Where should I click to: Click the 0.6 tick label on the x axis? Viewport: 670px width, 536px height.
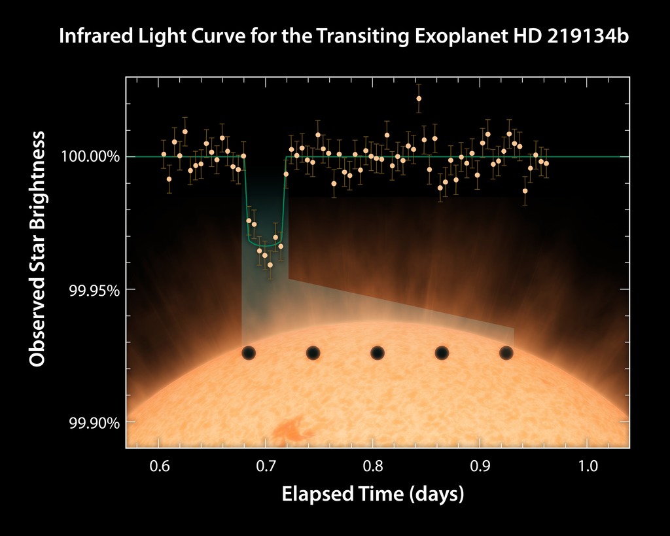[x=159, y=466]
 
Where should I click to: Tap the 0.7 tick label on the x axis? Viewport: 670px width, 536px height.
[x=266, y=466]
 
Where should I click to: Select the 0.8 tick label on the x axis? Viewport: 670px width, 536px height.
[x=372, y=466]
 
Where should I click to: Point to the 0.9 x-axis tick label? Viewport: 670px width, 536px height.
[x=480, y=466]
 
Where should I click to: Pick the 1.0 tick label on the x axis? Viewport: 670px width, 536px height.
[x=587, y=466]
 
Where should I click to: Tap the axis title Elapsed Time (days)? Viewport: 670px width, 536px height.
[x=372, y=494]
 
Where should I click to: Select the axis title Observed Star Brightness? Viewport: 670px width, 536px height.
[x=37, y=249]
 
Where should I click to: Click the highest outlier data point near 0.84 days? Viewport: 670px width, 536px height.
[x=419, y=99]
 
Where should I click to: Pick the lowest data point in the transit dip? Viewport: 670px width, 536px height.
[x=270, y=264]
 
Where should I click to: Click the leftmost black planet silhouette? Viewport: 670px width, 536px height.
[x=249, y=353]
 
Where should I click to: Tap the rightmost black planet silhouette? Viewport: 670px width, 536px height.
[x=506, y=353]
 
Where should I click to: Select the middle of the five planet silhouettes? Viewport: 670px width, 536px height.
[x=377, y=353]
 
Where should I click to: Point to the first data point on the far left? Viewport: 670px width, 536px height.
[x=164, y=154]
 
